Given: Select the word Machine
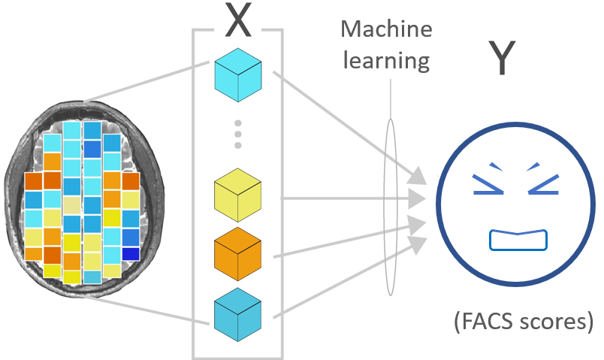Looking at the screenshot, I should pos(387,30).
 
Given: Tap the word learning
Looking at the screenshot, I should pos(386,60).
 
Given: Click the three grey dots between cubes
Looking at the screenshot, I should pos(237,133).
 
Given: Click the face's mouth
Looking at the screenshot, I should pos(518,240).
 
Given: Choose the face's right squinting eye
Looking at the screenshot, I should pos(545,180).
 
